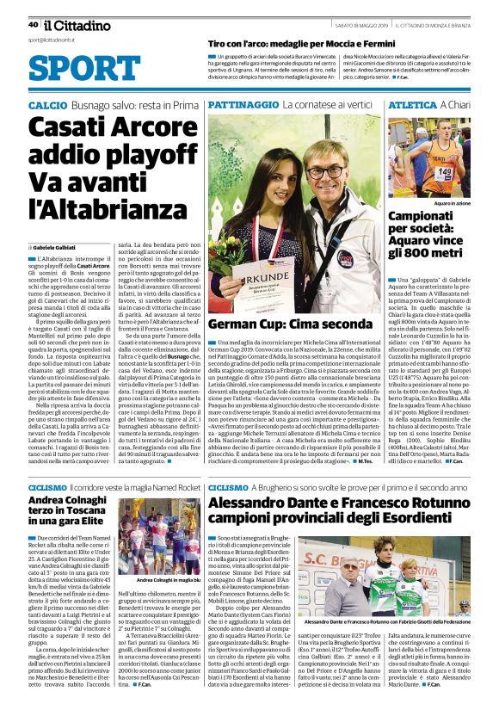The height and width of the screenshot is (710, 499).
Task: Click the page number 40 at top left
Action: [x=33, y=24]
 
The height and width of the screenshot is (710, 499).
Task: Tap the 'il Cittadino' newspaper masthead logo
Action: [x=69, y=24]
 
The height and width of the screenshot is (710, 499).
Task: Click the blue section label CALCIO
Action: [x=46, y=104]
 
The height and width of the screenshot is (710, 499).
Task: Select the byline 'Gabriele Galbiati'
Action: [x=55, y=247]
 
